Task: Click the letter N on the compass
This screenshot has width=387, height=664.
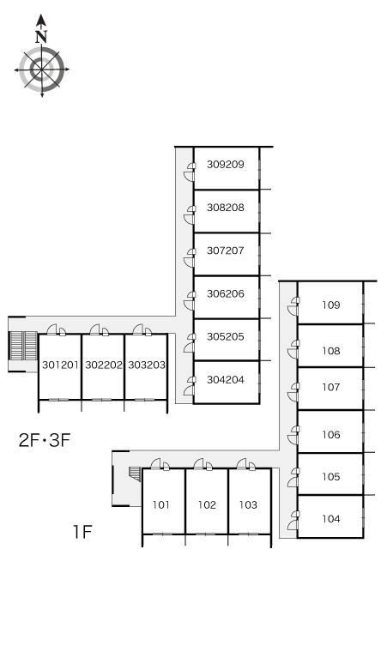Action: [41, 37]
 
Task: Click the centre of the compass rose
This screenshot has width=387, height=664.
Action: [42, 69]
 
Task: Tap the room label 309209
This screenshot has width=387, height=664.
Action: [226, 165]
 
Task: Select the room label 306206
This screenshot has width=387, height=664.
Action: [226, 293]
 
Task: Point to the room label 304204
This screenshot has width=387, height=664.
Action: [226, 380]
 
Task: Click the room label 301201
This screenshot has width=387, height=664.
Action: [61, 365]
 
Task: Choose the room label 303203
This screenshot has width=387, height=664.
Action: [147, 365]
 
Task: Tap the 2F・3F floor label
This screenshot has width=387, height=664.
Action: [45, 440]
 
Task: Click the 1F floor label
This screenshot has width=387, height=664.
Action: [82, 531]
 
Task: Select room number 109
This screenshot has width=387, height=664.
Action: [330, 305]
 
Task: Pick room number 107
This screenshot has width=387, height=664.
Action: [330, 387]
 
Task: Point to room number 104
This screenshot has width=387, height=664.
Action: [330, 519]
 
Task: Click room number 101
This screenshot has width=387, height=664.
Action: [161, 504]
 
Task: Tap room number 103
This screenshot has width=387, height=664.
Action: [248, 504]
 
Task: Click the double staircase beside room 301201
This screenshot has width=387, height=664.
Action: [24, 345]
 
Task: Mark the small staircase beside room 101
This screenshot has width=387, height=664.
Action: [135, 474]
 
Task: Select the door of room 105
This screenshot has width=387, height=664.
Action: [293, 478]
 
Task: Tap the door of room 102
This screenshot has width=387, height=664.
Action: [203, 465]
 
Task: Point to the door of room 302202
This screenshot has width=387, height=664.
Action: [100, 330]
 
